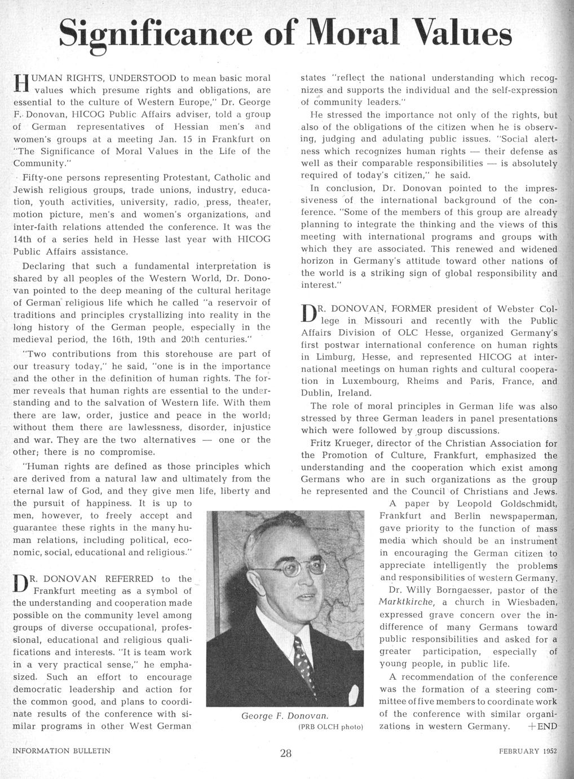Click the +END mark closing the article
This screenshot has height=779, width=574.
point(542,726)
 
